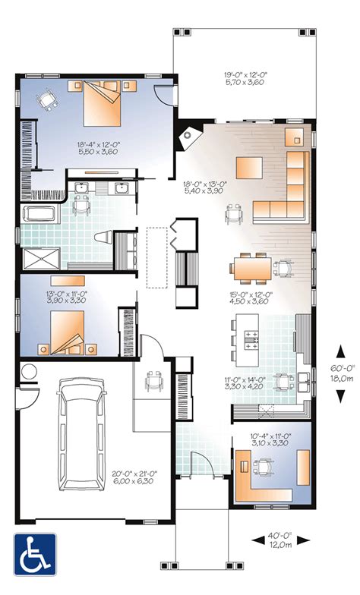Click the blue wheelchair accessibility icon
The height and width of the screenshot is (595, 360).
[35, 554]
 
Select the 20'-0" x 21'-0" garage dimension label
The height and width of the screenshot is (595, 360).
[134, 477]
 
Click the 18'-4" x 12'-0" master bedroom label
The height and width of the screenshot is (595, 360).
[99, 147]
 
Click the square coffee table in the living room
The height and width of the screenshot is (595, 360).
[249, 168]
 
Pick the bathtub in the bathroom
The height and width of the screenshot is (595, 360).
[42, 214]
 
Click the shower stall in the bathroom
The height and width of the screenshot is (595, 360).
[41, 259]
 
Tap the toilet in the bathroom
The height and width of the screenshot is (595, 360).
[103, 238]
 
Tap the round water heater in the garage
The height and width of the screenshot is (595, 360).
[29, 371]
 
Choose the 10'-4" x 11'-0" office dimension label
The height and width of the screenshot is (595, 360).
[270, 439]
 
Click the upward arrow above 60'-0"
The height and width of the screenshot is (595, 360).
[340, 352]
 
